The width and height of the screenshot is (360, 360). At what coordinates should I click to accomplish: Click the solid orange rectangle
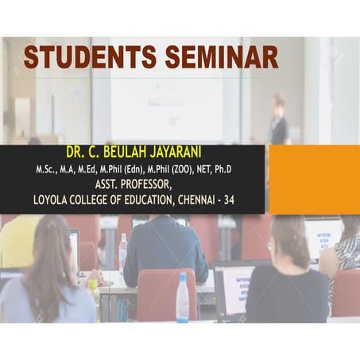coord(314,180)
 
